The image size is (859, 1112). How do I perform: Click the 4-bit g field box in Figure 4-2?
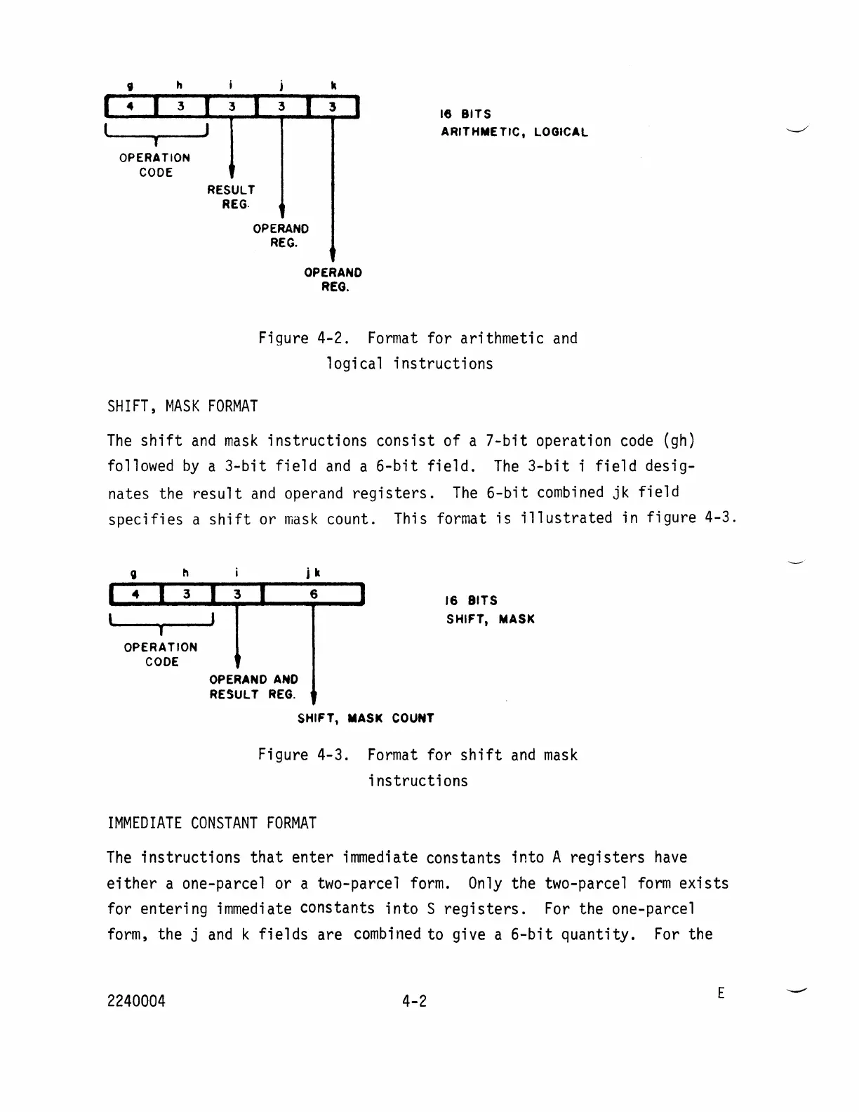click(x=130, y=107)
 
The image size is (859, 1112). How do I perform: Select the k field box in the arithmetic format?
click(x=333, y=107)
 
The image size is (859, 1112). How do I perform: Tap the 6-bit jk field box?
click(x=314, y=595)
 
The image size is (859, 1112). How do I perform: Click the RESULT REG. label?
click(x=231, y=197)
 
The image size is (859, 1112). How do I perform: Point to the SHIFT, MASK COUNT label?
click(x=366, y=718)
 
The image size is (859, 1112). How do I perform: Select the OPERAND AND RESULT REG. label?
click(x=253, y=687)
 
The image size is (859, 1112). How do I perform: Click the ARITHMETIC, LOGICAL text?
click(x=514, y=132)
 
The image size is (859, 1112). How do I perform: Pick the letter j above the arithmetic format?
click(x=281, y=86)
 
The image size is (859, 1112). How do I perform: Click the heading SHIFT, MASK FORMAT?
click(x=182, y=406)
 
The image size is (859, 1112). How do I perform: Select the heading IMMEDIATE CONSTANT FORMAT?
click(x=211, y=823)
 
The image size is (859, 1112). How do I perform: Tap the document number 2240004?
click(x=136, y=1001)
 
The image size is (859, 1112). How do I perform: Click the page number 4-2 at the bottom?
click(x=414, y=1001)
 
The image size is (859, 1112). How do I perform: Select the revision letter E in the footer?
click(x=721, y=993)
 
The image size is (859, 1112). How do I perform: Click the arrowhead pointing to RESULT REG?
click(x=231, y=173)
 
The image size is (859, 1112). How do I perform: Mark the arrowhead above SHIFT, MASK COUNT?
click(x=313, y=696)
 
